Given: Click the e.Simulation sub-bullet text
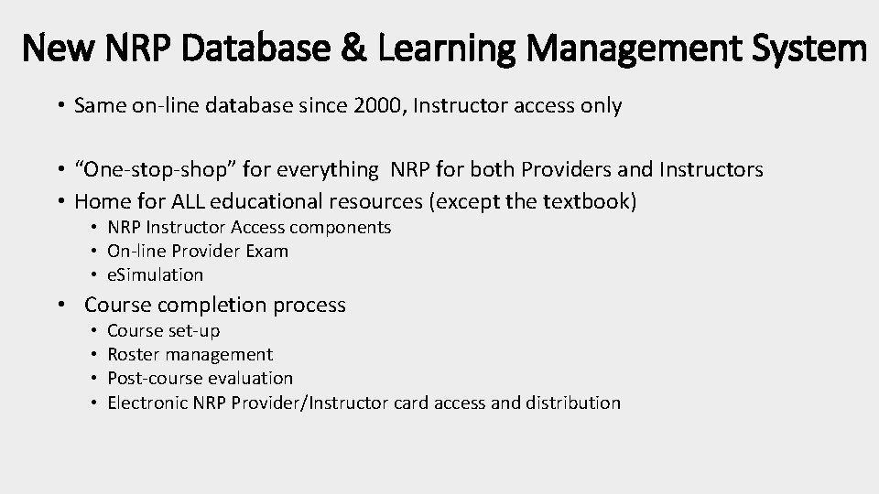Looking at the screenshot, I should (x=155, y=274).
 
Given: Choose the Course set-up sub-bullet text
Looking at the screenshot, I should (x=163, y=330).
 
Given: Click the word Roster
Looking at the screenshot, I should (x=134, y=354).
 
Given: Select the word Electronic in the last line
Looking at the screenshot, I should (x=146, y=403).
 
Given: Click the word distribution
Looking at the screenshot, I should (x=573, y=403).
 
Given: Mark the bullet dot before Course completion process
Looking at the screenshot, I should (x=60, y=306).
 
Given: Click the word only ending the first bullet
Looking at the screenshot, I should (x=602, y=106).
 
